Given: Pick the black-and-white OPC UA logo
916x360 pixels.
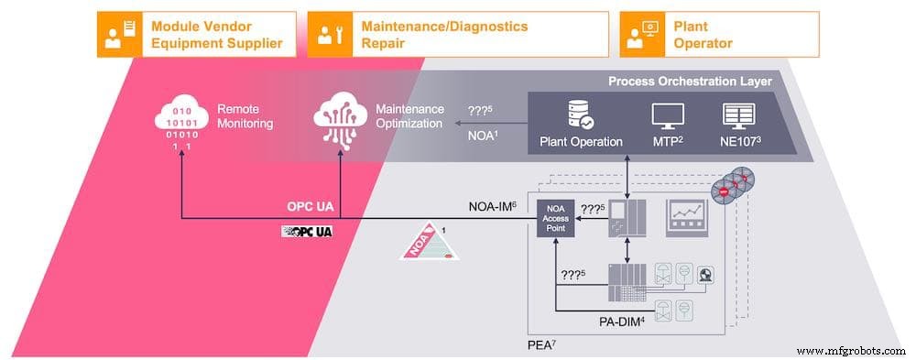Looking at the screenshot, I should pyautogui.click(x=307, y=231).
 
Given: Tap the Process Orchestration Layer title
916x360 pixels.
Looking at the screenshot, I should pyautogui.click(x=690, y=82).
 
